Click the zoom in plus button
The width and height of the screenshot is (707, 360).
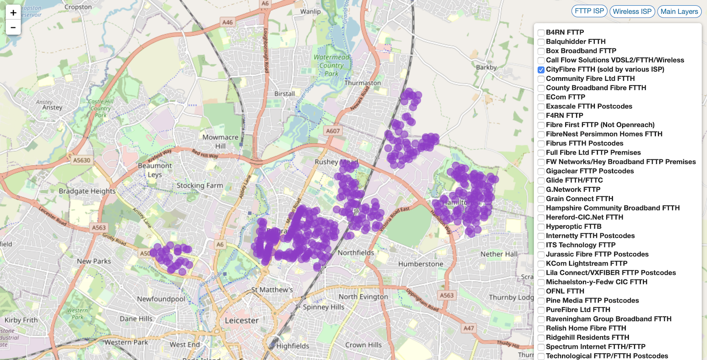click(x=13, y=13)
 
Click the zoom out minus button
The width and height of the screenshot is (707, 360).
click(x=13, y=27)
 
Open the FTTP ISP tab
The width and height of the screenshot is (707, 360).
click(x=589, y=11)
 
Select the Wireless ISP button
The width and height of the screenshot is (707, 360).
click(x=632, y=11)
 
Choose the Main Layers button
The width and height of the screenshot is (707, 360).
click(x=679, y=11)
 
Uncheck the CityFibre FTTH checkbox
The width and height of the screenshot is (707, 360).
click(x=541, y=70)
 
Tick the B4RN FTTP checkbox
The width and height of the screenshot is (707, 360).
click(x=541, y=33)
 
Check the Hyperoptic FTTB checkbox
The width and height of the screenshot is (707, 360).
click(x=541, y=227)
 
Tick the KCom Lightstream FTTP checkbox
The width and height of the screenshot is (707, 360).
click(x=541, y=264)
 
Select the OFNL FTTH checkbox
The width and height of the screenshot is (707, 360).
click(x=541, y=292)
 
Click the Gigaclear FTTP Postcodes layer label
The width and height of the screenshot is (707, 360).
click(x=589, y=171)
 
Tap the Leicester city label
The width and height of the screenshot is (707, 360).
click(x=242, y=320)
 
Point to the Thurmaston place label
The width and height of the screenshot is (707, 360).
click(x=362, y=83)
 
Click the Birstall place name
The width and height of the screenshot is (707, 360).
click(x=284, y=94)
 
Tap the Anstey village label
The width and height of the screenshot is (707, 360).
click(x=52, y=107)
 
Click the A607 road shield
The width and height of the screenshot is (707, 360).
click(x=333, y=131)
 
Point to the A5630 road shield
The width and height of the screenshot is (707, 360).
click(x=82, y=160)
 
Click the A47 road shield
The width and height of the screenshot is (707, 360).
click(x=468, y=328)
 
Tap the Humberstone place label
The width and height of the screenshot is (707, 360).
click(x=420, y=264)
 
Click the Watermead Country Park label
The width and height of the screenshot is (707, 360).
click(x=331, y=65)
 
